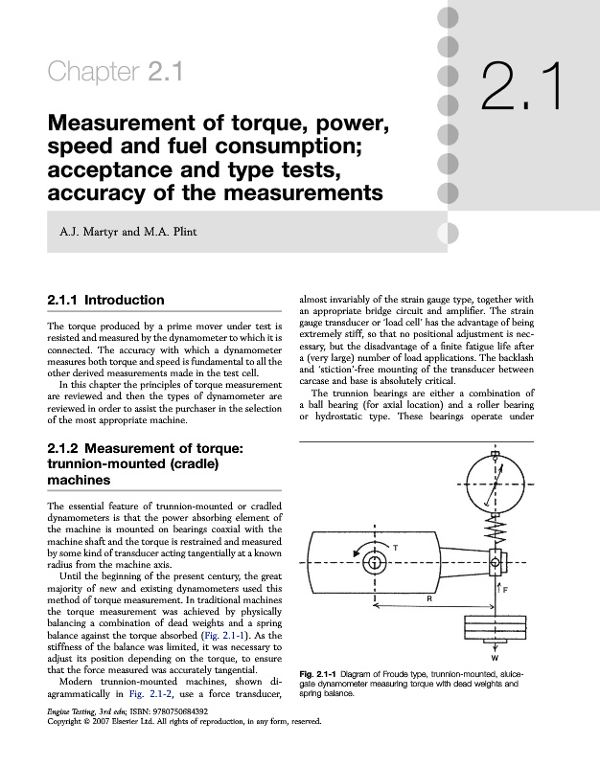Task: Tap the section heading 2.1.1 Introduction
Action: [105, 301]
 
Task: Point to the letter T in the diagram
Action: [396, 546]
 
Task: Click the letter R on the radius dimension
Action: [430, 597]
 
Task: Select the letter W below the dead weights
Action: [496, 659]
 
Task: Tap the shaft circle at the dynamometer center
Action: [374, 559]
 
